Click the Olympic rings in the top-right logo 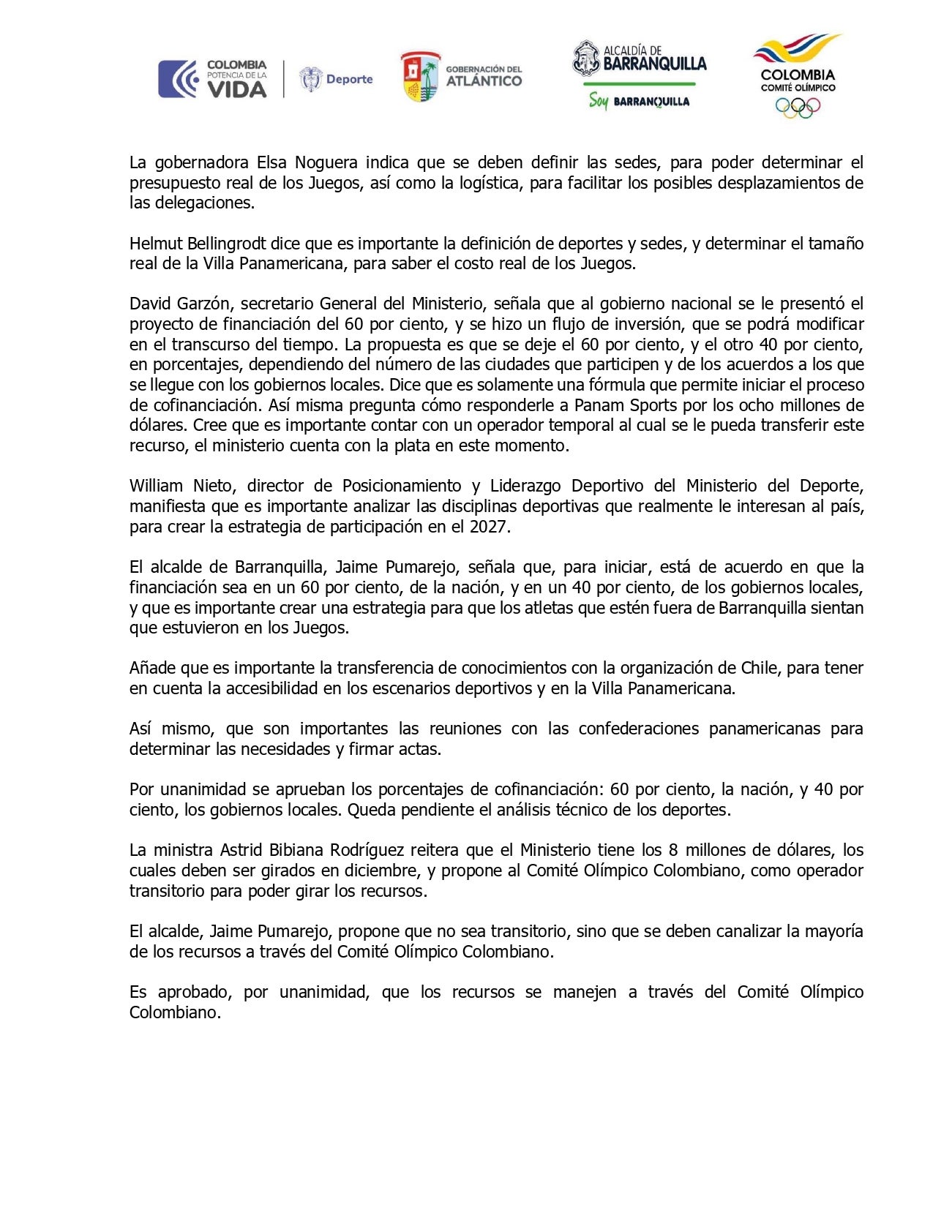coord(798,108)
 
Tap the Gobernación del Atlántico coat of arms coord(420,77)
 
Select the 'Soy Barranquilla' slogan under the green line coord(639,102)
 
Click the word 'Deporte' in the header coord(349,79)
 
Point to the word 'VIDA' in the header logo coord(236,89)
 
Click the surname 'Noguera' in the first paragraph coord(326,162)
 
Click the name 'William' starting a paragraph coord(157,486)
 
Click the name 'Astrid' coord(242,850)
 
